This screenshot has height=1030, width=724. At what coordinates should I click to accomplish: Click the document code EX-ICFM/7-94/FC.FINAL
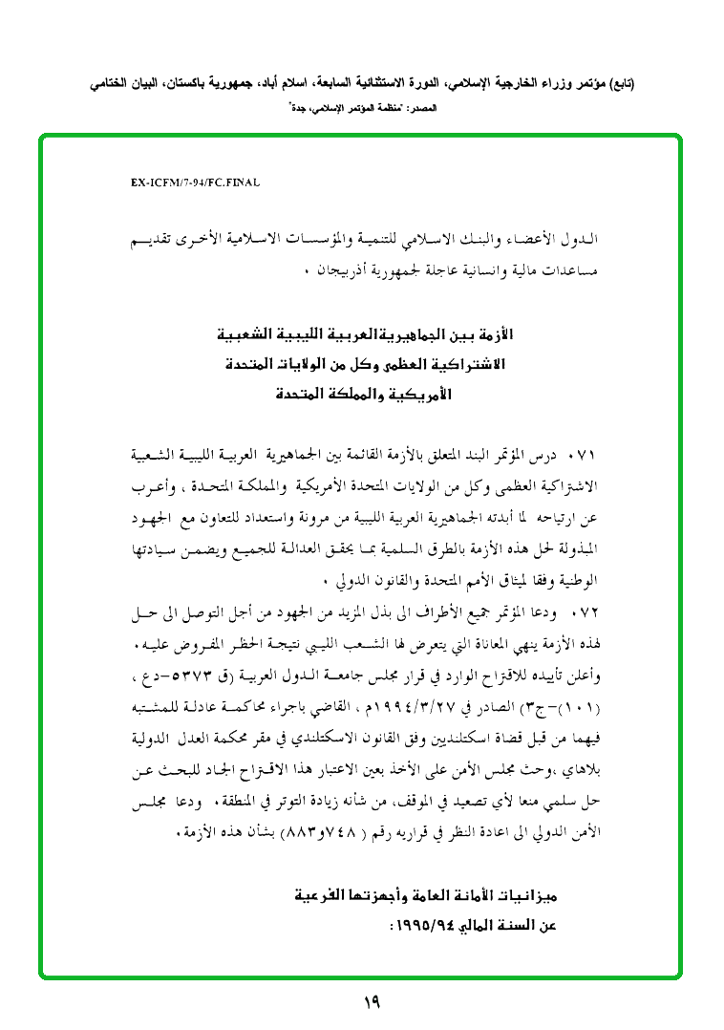coord(196,182)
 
